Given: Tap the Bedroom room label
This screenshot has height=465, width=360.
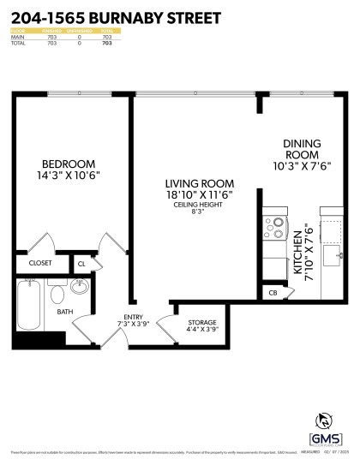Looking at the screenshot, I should pos(69,164).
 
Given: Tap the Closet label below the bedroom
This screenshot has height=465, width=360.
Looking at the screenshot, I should pos(40,264).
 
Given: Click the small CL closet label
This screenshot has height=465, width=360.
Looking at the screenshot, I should pos(81,265).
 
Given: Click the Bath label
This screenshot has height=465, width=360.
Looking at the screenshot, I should pos(65,312).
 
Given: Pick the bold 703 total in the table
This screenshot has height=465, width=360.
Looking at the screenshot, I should pos(107,43).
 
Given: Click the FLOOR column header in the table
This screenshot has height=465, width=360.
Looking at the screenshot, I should pos(17,31).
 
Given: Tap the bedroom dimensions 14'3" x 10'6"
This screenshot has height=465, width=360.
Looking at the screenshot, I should pos(69,176).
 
